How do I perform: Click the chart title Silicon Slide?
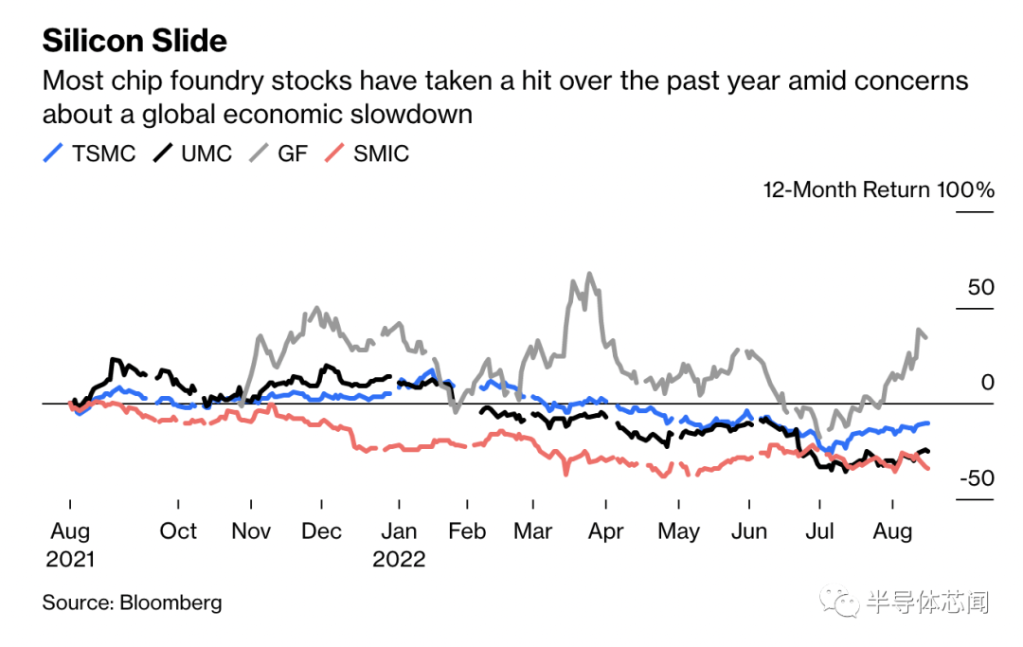135,41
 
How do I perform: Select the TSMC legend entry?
103,153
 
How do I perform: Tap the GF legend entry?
293,153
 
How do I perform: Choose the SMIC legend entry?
381,153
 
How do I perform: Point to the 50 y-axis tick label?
981,286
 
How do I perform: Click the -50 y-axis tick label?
977,478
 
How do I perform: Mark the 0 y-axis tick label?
988,382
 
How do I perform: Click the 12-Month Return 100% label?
878,189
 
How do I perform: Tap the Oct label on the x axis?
178,530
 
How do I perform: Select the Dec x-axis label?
321,530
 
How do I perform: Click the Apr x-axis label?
606,530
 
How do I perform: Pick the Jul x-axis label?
819,530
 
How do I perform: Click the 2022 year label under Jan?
399,559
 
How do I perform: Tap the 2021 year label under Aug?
70,559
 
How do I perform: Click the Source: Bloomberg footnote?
132,602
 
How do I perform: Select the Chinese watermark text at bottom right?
928,602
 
